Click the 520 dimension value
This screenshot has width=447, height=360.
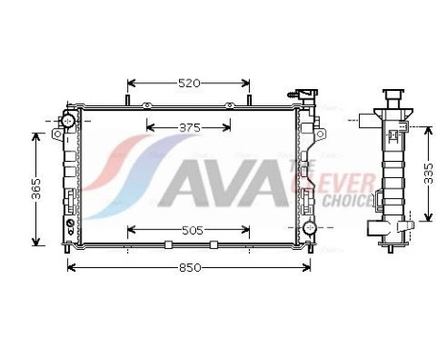189,83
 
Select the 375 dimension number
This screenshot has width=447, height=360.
189,126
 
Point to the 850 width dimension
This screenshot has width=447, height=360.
190,267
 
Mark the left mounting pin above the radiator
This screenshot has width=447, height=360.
127,97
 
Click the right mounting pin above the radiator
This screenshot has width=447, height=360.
250,97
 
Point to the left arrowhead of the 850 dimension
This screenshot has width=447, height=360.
70,267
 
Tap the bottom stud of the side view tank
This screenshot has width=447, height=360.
392,250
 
